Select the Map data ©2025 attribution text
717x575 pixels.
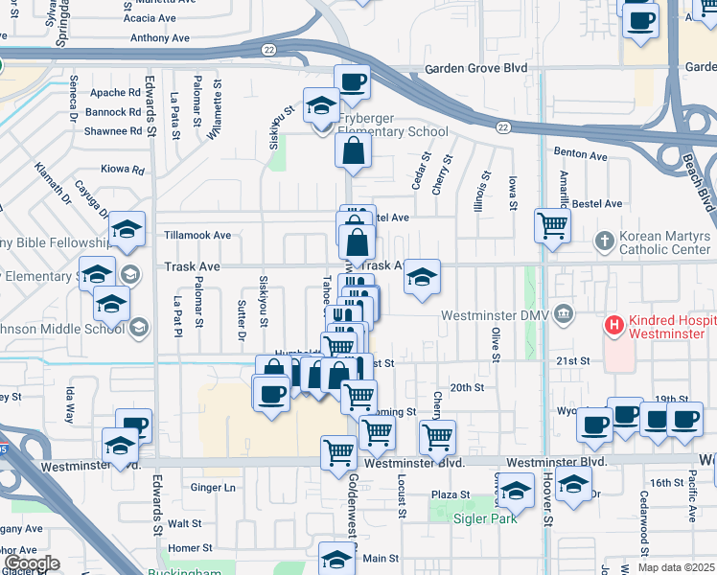(x=676, y=567)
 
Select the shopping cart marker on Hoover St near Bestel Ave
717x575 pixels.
(x=552, y=226)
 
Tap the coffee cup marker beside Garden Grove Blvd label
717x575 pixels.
(x=352, y=81)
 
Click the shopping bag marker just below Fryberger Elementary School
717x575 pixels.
(x=354, y=150)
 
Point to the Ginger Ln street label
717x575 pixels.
(x=214, y=488)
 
